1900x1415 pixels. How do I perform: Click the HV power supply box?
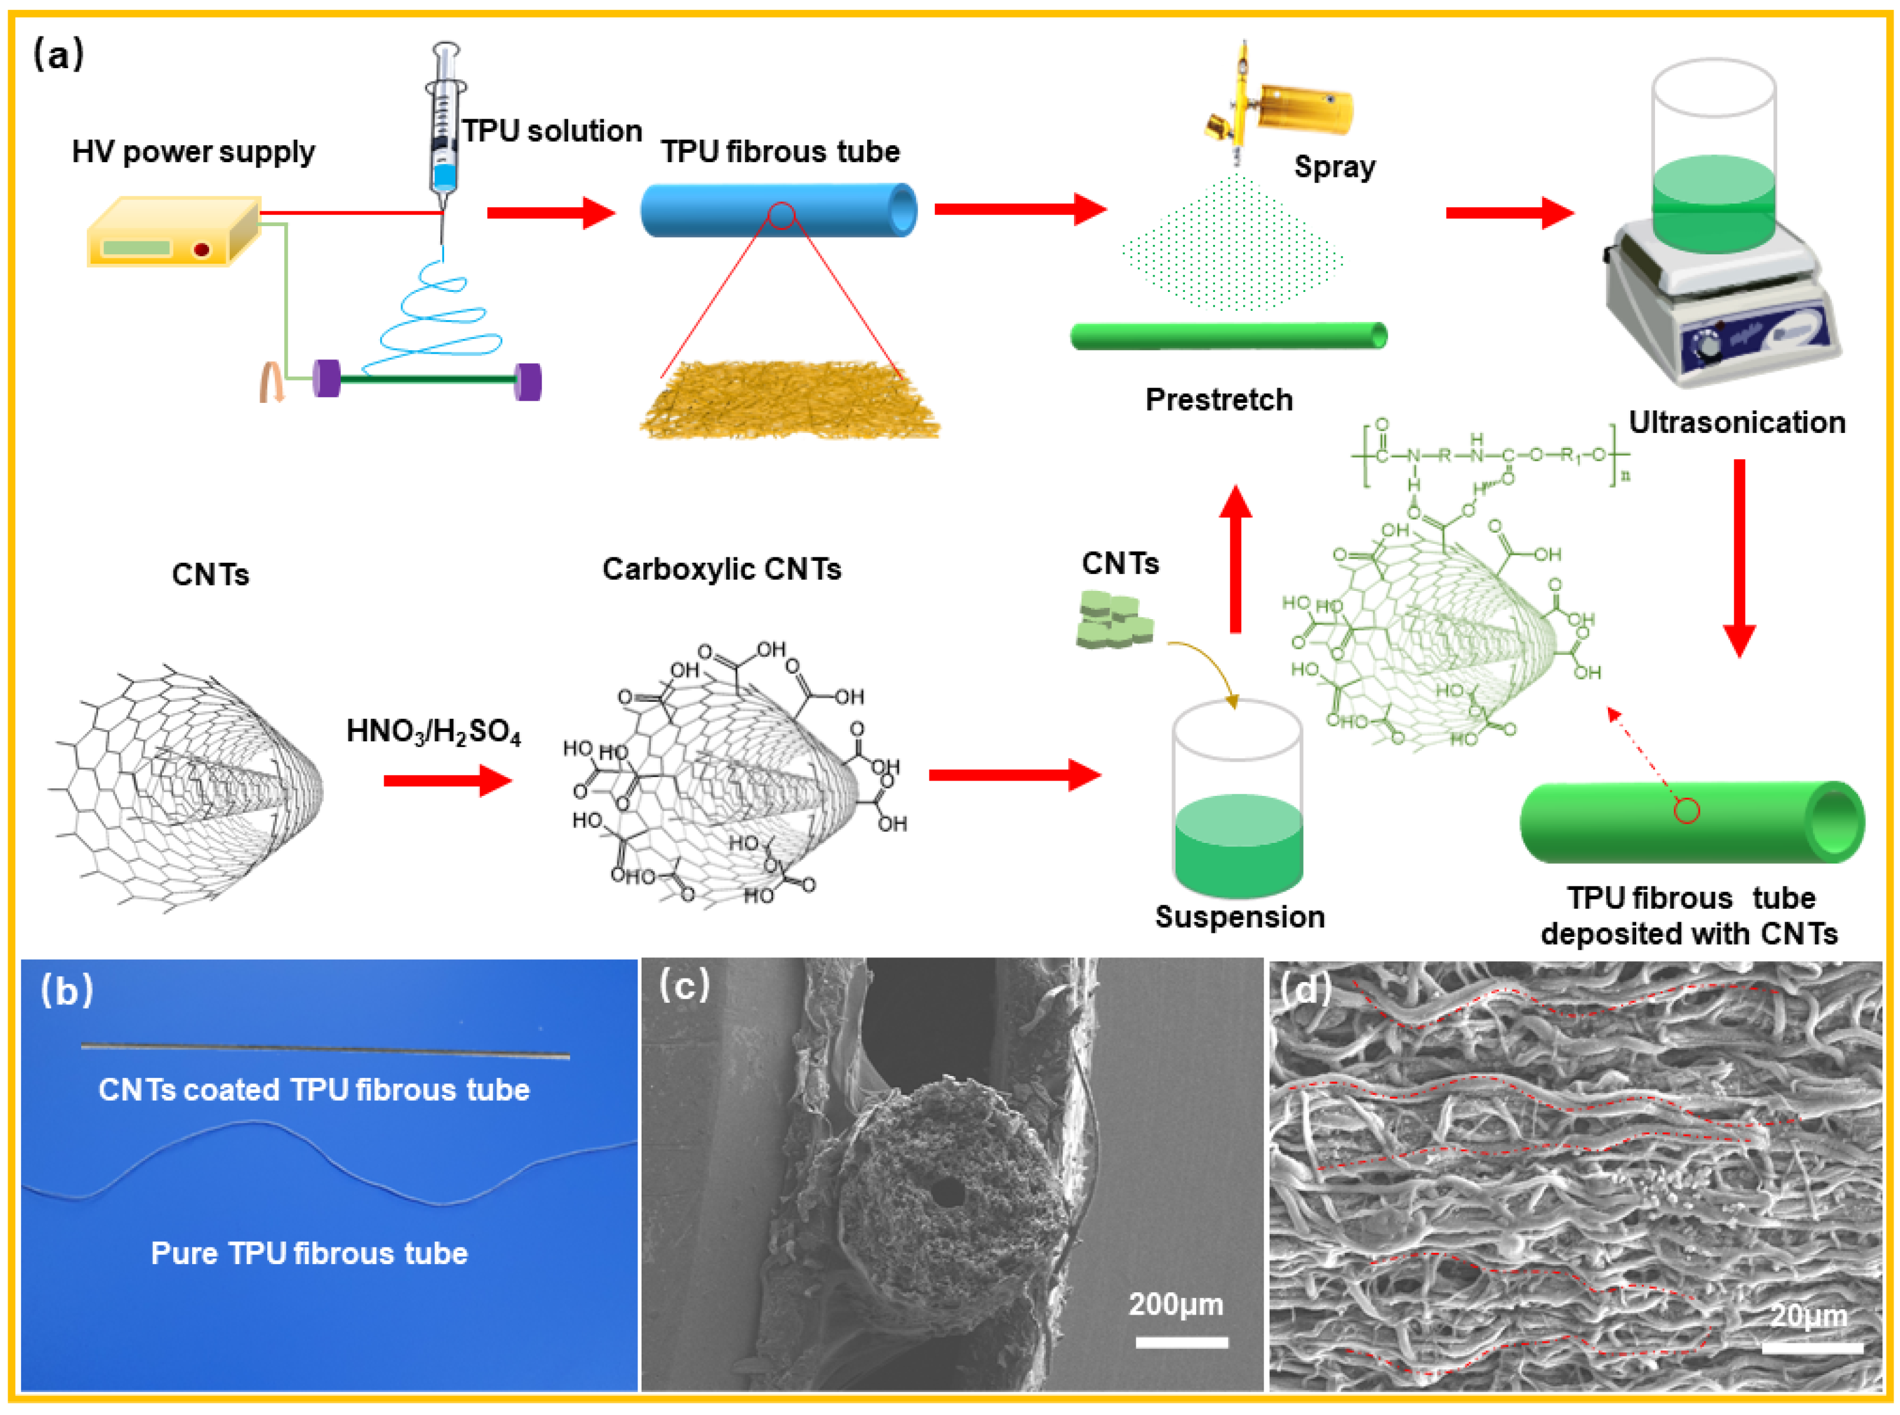point(172,233)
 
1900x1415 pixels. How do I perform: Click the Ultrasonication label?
point(1737,422)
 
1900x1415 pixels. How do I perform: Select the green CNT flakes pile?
point(1113,619)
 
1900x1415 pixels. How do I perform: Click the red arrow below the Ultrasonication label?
point(1739,557)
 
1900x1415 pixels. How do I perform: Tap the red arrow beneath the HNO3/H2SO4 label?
point(447,780)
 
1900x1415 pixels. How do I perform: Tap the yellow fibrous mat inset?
point(788,401)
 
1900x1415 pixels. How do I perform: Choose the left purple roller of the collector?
point(327,379)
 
